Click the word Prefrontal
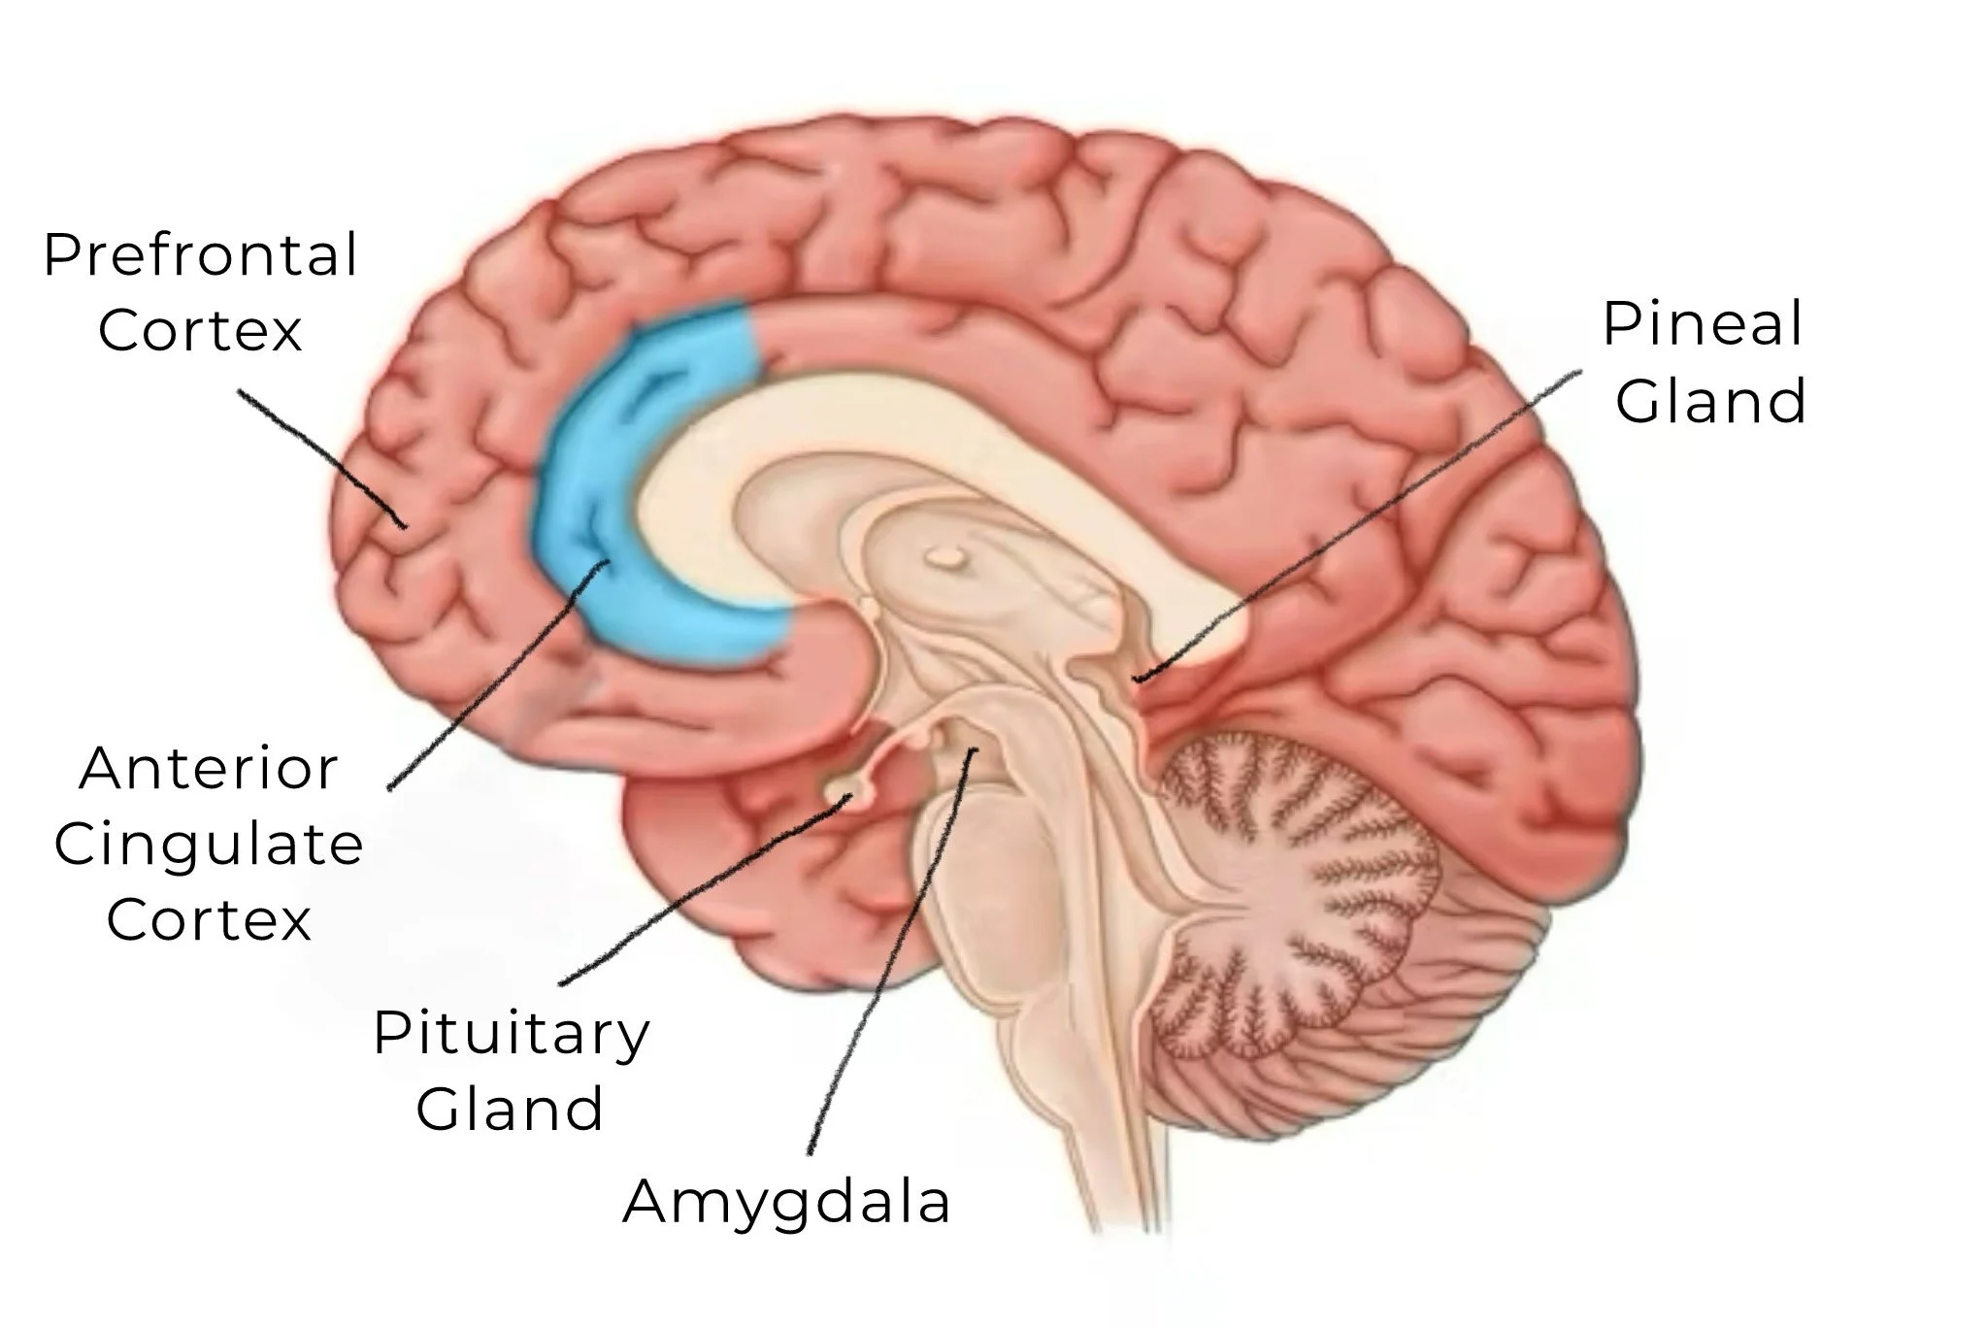(201, 256)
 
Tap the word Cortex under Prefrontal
(200, 331)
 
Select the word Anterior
(209, 769)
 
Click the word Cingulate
(209, 845)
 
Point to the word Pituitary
(511, 1034)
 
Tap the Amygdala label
(786, 1202)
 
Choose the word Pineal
(1703, 323)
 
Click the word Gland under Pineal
(1710, 400)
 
